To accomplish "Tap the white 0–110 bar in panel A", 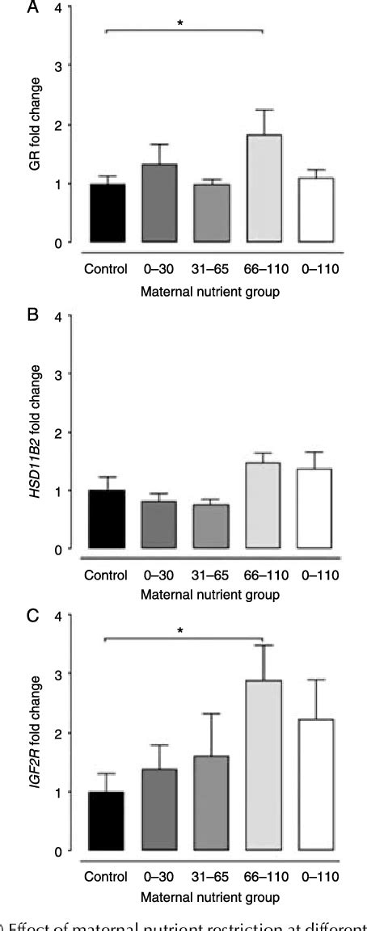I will coord(315,210).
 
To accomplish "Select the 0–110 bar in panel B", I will coord(315,509).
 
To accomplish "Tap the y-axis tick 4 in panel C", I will coord(56,616).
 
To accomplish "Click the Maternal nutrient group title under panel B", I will coord(210,596).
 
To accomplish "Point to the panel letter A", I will coord(10,9).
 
